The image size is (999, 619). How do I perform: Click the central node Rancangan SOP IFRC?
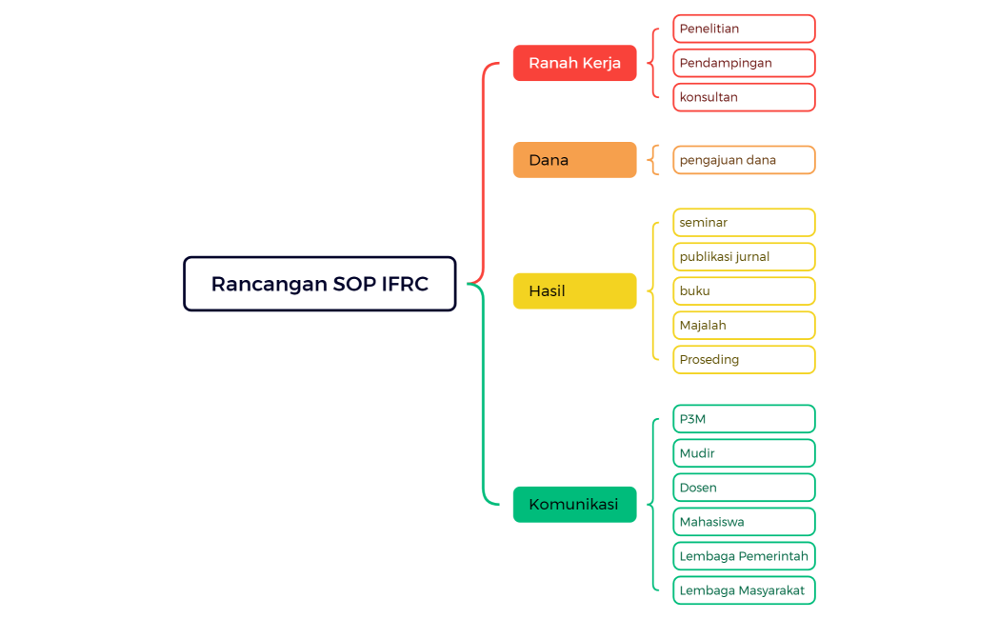point(319,284)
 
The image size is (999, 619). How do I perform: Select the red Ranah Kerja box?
point(574,63)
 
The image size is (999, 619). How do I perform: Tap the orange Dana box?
point(574,160)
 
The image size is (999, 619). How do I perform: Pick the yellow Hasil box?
point(574,291)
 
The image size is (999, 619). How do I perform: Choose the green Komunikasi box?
point(574,505)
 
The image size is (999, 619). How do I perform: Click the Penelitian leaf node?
point(744,29)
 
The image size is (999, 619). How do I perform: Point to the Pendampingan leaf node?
point(744,63)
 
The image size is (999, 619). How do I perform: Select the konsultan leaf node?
point(744,97)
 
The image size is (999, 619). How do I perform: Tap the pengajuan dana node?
point(744,160)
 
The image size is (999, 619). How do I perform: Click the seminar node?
point(744,223)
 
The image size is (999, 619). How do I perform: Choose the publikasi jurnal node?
point(744,257)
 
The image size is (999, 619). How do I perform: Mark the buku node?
point(744,291)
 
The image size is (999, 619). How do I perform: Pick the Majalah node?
point(744,326)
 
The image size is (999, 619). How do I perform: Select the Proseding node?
point(744,360)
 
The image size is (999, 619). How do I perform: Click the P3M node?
point(744,419)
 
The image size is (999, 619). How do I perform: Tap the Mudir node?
point(744,453)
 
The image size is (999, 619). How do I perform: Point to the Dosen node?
point(744,488)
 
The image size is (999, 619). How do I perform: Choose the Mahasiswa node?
point(744,522)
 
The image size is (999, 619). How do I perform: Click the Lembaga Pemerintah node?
point(744,556)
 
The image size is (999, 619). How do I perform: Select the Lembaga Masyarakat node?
point(744,590)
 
